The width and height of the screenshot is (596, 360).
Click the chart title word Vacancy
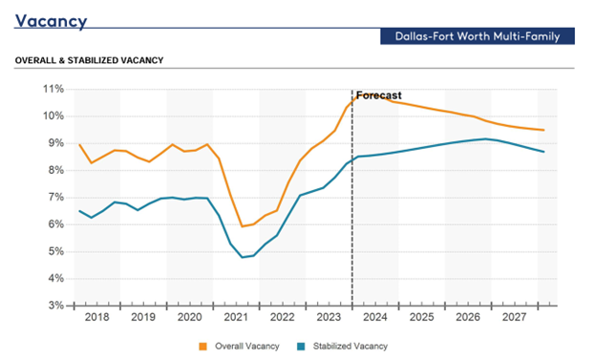[x=51, y=22]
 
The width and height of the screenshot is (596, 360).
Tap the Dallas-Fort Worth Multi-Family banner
[x=478, y=36]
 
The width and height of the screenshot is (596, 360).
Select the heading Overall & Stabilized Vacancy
[x=90, y=60]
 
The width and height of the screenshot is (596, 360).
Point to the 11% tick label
[x=53, y=89]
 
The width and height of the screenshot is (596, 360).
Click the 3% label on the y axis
[x=55, y=306]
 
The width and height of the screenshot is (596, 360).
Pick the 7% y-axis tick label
[x=55, y=198]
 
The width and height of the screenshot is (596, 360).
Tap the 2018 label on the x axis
[x=96, y=317]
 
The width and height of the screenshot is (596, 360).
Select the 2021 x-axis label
[x=236, y=317]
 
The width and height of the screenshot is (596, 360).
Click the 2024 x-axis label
[x=375, y=317]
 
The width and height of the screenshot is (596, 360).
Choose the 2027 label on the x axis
[x=514, y=317]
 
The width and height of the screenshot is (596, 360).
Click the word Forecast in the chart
[x=378, y=95]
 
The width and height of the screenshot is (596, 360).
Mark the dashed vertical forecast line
[x=352, y=198]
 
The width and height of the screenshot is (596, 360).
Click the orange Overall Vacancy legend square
[x=203, y=347]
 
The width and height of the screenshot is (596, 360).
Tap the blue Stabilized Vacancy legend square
[x=301, y=347]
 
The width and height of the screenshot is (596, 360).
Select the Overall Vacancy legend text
[x=247, y=347]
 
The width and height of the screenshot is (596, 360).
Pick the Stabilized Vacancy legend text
[x=351, y=347]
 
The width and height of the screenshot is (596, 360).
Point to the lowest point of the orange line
[x=243, y=226]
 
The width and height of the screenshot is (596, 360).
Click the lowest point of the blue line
[x=243, y=258]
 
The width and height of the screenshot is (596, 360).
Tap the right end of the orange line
[x=543, y=130]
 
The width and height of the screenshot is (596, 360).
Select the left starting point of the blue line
[x=79, y=211]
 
